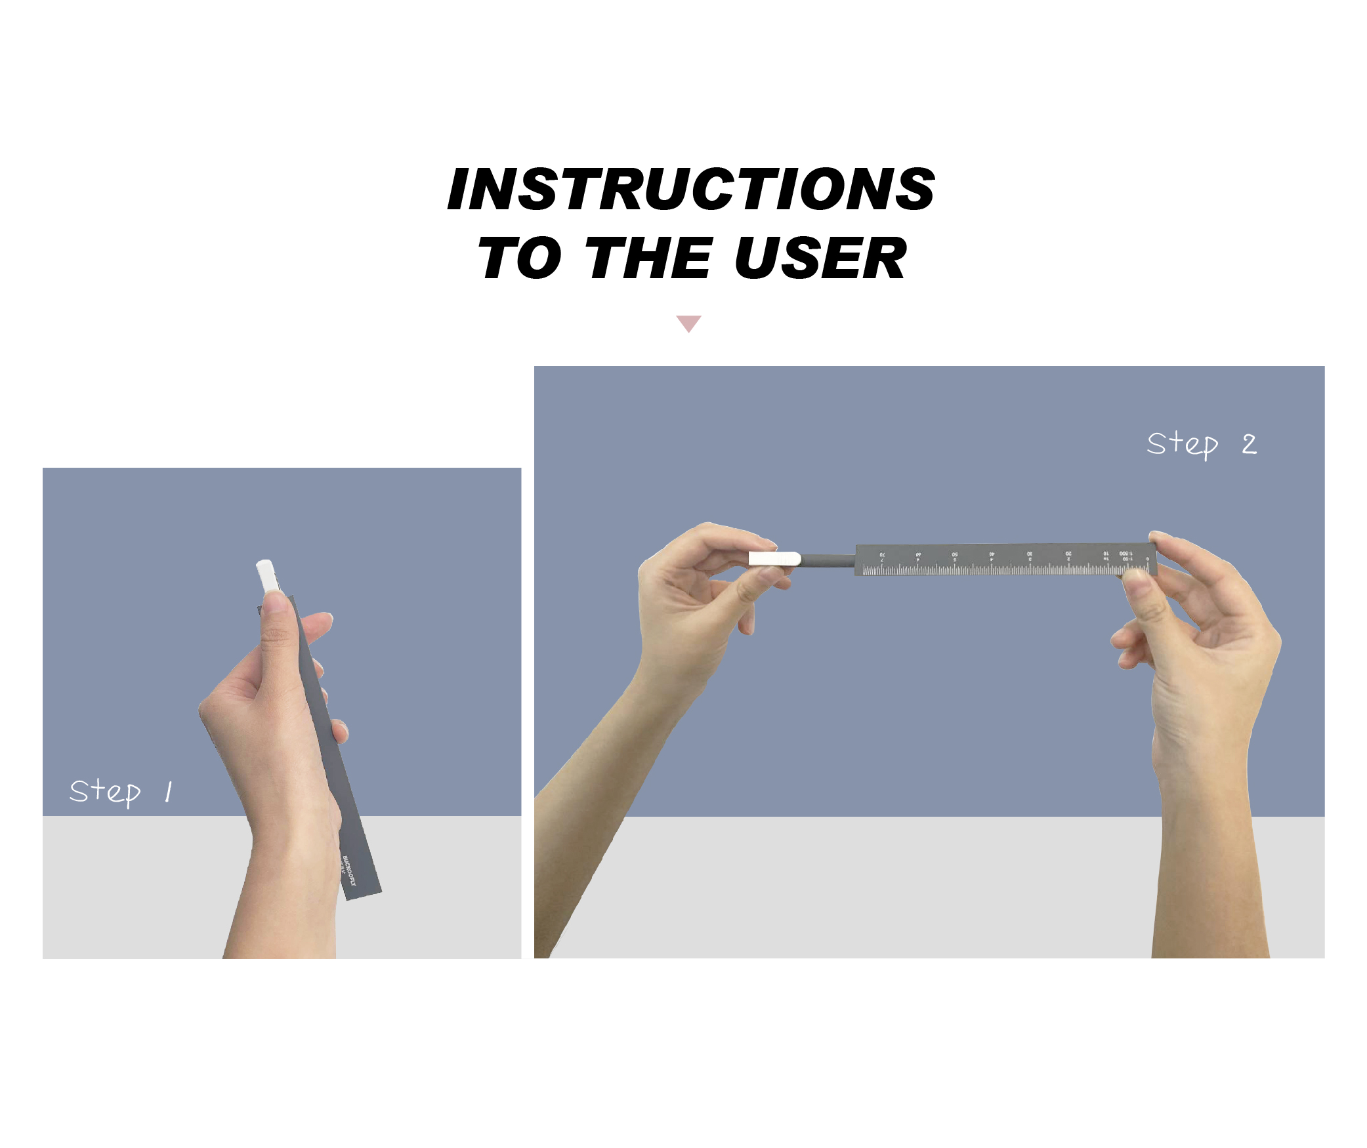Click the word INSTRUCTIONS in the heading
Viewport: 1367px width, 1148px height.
click(690, 190)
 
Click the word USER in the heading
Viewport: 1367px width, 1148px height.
click(820, 258)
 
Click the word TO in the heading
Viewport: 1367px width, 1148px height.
click(520, 258)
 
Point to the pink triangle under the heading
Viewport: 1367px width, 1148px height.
click(688, 323)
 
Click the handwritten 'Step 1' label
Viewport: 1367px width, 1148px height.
click(121, 791)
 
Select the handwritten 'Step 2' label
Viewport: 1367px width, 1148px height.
click(1201, 445)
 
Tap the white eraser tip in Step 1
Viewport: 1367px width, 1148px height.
click(266, 575)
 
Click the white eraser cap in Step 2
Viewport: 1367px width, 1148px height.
click(774, 559)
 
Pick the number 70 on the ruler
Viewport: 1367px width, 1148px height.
click(882, 555)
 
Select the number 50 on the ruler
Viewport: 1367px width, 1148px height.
click(955, 555)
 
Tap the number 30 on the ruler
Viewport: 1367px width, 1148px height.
click(1030, 554)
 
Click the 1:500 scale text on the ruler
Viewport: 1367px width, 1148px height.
click(1125, 554)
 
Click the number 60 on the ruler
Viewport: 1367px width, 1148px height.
click(918, 555)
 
